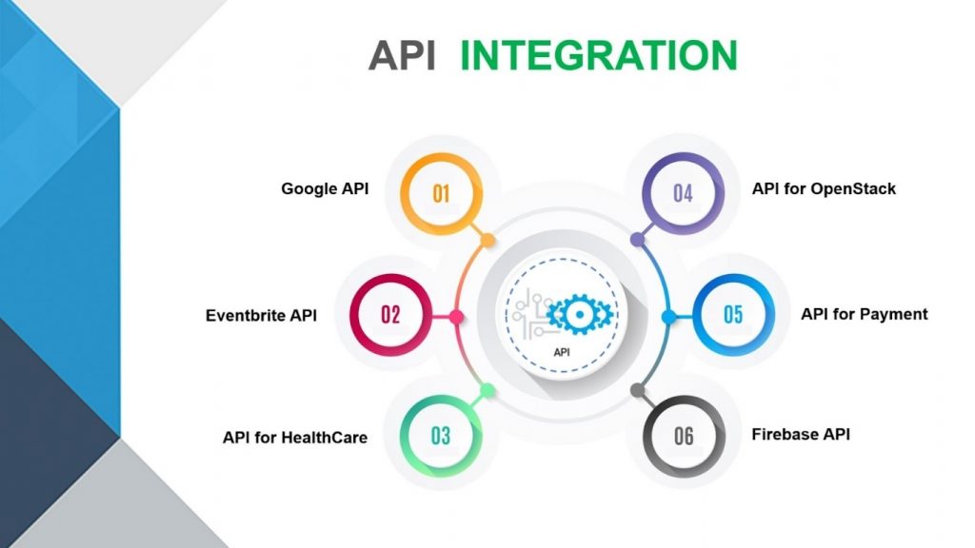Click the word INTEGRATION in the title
click(x=599, y=56)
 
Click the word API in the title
click(x=402, y=56)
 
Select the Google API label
click(x=325, y=188)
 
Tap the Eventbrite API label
click(x=261, y=315)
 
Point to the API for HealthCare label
click(x=295, y=438)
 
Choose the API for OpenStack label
click(x=824, y=188)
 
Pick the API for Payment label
click(x=864, y=314)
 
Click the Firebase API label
click(x=801, y=434)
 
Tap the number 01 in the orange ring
click(x=441, y=194)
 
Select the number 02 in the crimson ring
click(x=391, y=315)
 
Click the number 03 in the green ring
click(x=440, y=437)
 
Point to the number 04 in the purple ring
click(x=683, y=194)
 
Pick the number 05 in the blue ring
click(x=733, y=315)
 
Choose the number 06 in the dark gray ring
click(x=684, y=437)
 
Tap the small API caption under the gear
click(x=565, y=351)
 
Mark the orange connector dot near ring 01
click(x=488, y=241)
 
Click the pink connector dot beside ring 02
click(x=456, y=316)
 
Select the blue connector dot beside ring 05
click(x=669, y=316)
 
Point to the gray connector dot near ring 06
click(x=637, y=390)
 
